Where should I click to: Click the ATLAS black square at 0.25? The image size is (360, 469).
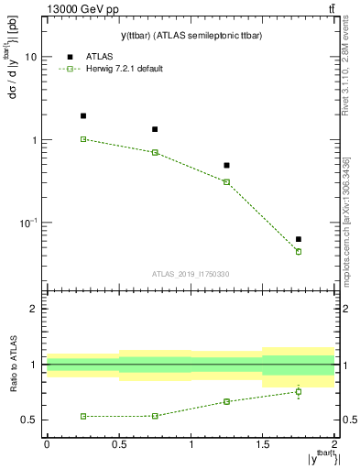pos(83,116)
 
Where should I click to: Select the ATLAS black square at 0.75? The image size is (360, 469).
pos(155,129)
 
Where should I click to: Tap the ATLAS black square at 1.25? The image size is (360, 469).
pos(226,166)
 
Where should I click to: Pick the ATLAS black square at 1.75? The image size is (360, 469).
pos(299,239)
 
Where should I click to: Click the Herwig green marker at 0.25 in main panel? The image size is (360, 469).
pos(83,139)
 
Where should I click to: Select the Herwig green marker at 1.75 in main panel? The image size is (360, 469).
pos(299,251)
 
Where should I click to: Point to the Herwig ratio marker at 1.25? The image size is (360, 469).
pos(226,401)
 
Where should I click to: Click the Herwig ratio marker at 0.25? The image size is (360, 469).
pos(83,416)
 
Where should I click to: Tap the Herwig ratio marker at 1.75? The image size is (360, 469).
pos(299,391)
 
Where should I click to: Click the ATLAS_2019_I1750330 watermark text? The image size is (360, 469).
pos(191,273)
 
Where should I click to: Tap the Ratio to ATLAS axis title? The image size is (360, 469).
pos(17,365)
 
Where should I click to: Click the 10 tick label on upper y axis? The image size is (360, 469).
pos(31,57)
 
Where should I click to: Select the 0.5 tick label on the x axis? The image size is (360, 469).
pos(119,444)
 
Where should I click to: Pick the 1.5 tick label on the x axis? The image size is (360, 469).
pos(263,444)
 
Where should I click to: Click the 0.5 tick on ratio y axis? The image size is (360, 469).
pos(29,420)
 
